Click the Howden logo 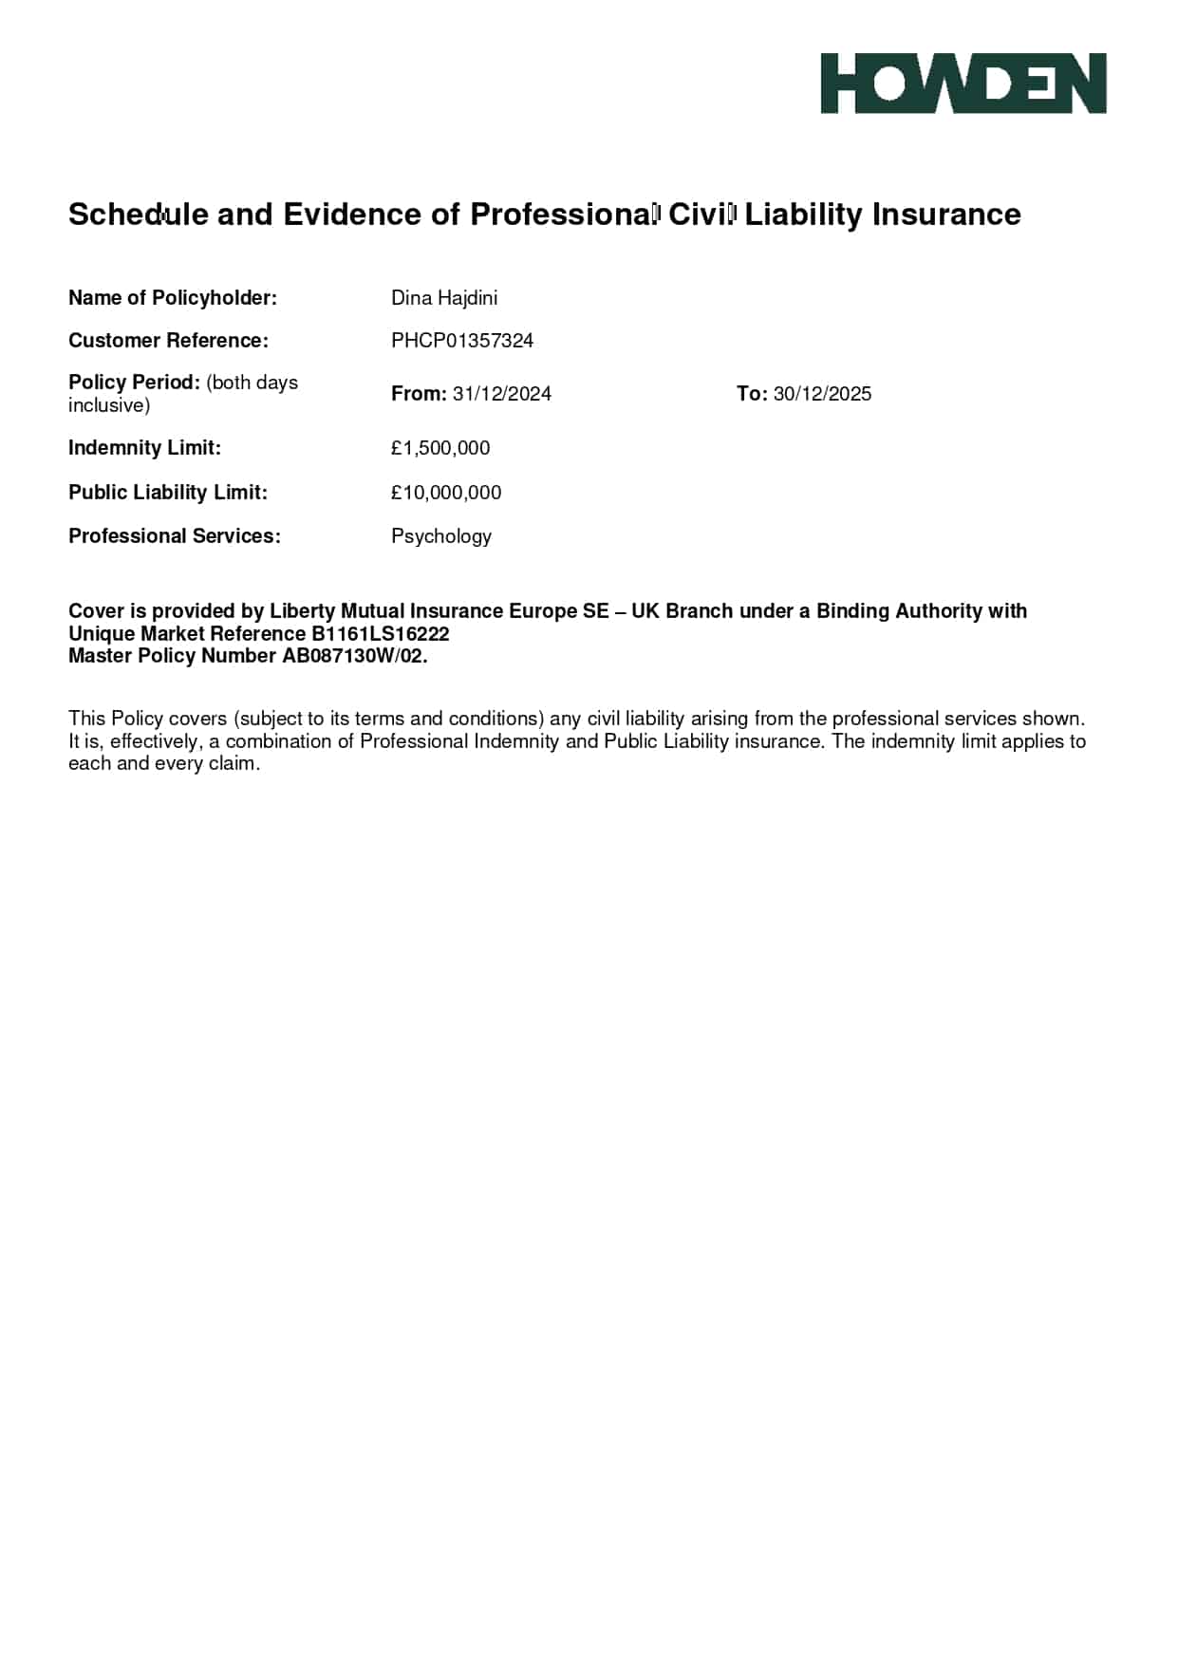[963, 84]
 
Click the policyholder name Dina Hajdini [444, 298]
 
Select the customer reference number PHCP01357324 [462, 341]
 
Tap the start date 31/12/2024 [502, 394]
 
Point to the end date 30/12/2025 [822, 394]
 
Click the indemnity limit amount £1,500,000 [440, 448]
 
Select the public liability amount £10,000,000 [446, 493]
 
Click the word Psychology [441, 536]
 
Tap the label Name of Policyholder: [173, 298]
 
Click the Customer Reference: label [168, 341]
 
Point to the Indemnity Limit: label [144, 448]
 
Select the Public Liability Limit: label [168, 493]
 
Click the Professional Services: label [175, 536]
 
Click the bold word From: [419, 394]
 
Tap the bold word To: [752, 394]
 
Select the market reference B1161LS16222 [381, 634]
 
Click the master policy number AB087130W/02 [352, 656]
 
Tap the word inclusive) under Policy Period [109, 405]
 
